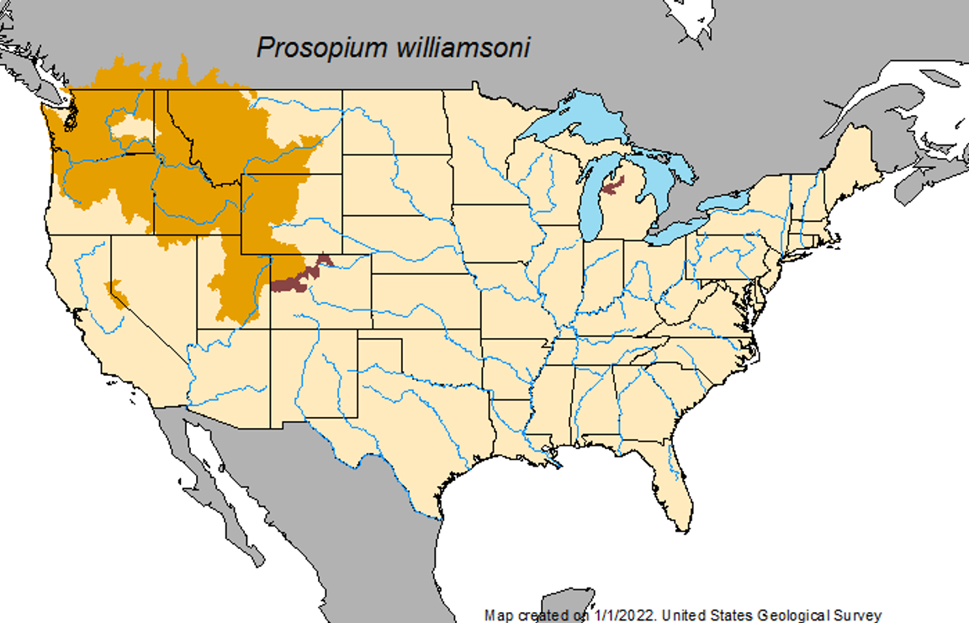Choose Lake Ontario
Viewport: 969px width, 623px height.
(x=723, y=202)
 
